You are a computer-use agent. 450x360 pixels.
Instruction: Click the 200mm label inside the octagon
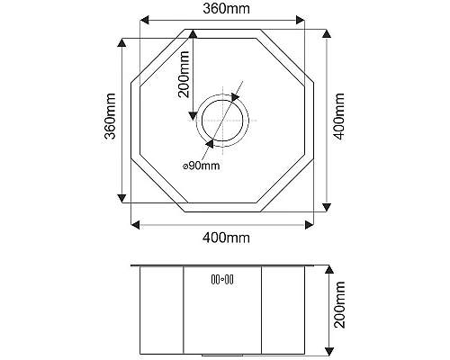point(184,72)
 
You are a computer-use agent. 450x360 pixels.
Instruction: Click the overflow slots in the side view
point(221,279)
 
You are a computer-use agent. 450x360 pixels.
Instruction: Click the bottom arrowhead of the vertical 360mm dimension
point(121,199)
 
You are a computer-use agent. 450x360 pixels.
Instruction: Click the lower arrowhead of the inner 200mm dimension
point(192,114)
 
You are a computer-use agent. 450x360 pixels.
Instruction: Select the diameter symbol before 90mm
point(185,166)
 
